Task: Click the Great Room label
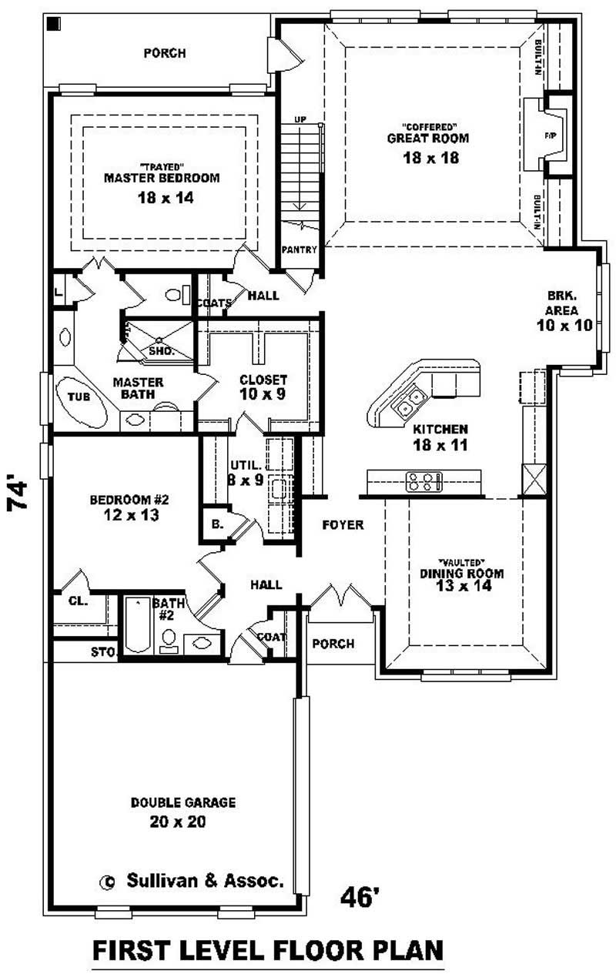pos(428,139)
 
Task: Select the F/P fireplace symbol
pos(550,136)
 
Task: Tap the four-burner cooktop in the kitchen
pos(423,482)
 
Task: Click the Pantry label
pos(295,250)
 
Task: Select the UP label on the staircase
pos(300,120)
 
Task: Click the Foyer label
pos(343,525)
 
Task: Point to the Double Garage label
pos(182,802)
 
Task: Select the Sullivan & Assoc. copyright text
pos(193,881)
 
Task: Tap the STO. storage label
pos(102,653)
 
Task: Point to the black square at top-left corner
pos(54,23)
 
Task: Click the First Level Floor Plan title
pos(268,950)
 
